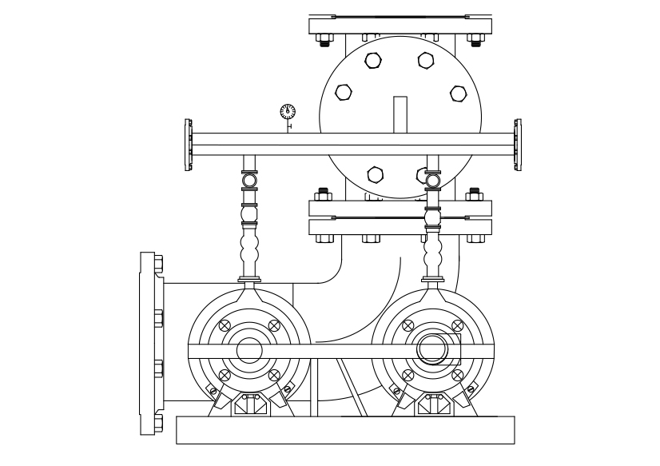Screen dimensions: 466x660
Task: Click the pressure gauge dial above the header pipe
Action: coord(288,111)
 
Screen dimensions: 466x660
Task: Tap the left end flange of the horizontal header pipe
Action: coord(189,145)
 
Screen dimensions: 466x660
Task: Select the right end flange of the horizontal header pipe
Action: coord(518,145)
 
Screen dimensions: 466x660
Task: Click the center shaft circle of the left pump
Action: coord(249,350)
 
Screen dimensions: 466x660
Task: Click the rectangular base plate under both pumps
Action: coord(345,430)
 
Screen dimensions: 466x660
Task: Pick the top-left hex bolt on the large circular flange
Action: coord(373,59)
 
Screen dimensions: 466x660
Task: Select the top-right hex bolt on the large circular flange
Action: coord(425,59)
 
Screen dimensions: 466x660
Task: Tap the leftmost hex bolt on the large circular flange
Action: coord(343,92)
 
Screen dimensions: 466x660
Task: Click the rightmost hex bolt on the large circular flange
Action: coord(458,94)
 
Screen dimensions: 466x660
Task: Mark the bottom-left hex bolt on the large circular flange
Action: coord(375,173)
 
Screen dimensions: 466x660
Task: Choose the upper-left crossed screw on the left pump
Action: coord(225,325)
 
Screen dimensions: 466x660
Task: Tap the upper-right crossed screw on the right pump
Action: coord(458,325)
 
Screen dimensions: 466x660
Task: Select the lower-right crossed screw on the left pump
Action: coord(274,375)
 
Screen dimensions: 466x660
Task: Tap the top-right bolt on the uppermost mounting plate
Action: coord(476,38)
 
